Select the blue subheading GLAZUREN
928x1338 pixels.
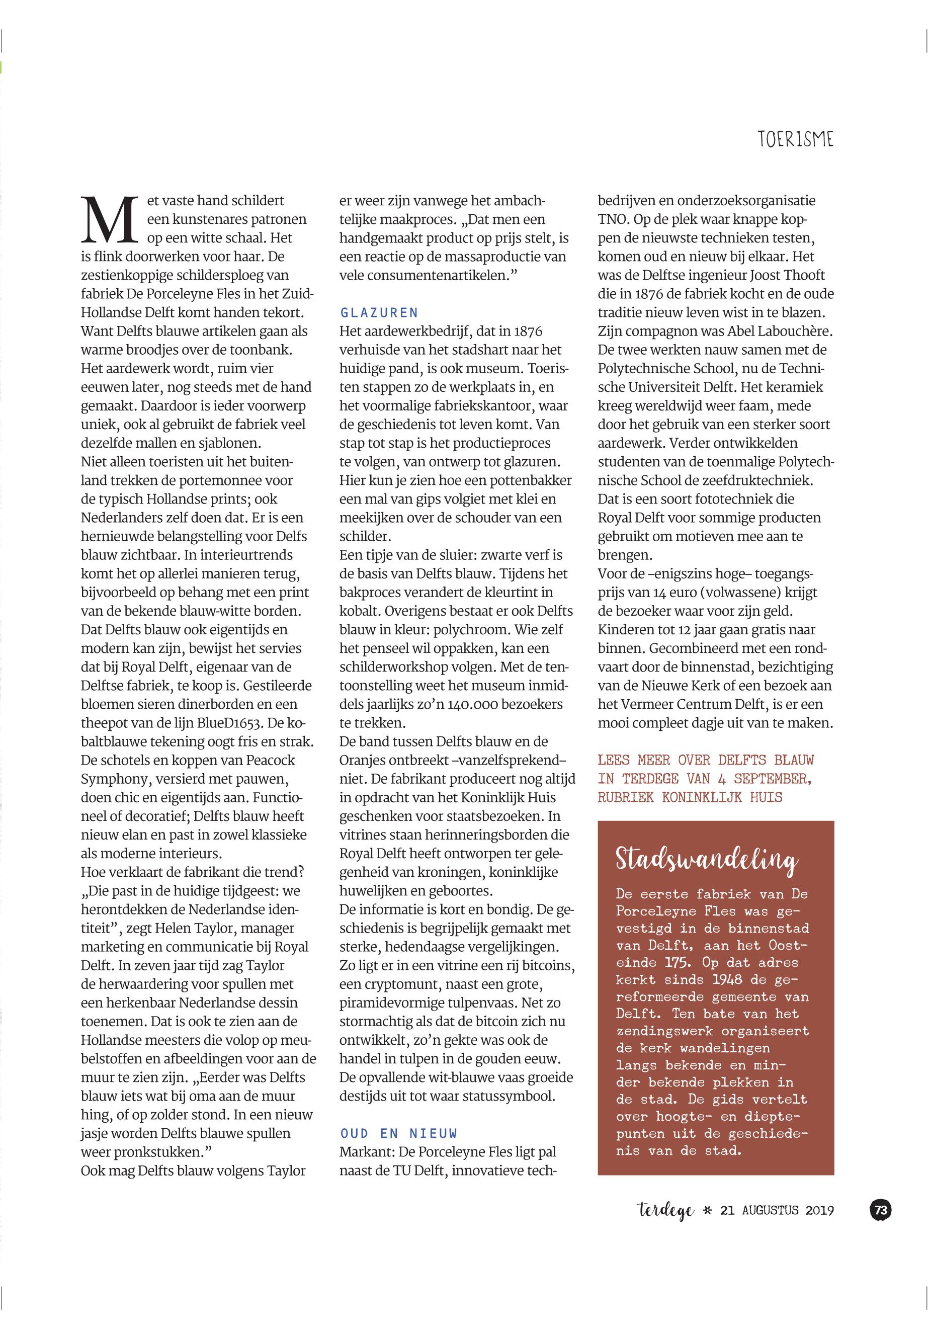pyautogui.click(x=379, y=313)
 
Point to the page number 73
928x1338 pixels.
pyautogui.click(x=880, y=1210)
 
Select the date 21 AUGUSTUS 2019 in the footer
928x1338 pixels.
pyautogui.click(x=777, y=1211)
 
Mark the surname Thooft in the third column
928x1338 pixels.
pyautogui.click(x=791, y=275)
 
